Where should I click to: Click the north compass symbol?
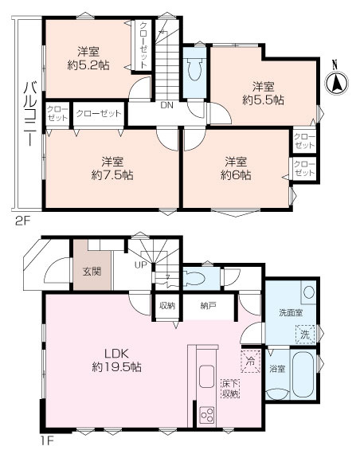tap(336, 81)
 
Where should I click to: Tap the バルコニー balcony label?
tap(30, 114)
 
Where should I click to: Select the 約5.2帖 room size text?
tap(88, 65)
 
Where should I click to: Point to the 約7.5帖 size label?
tap(112, 175)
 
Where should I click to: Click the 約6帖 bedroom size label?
tap(236, 175)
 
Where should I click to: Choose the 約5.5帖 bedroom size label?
tap(263, 100)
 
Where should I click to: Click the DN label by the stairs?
tap(166, 105)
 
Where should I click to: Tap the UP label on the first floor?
tap(141, 265)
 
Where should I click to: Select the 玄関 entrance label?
tap(92, 272)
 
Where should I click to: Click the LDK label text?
tap(116, 354)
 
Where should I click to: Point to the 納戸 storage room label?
tap(208, 306)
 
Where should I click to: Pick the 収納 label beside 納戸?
tap(167, 306)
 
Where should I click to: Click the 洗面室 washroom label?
tap(291, 313)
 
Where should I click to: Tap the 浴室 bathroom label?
tap(277, 369)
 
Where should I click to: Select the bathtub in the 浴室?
tap(303, 374)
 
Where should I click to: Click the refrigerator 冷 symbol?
tap(250, 362)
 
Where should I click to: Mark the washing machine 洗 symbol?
tap(305, 335)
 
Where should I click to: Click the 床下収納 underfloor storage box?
tap(231, 389)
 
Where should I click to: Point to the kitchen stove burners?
tap(206, 415)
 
